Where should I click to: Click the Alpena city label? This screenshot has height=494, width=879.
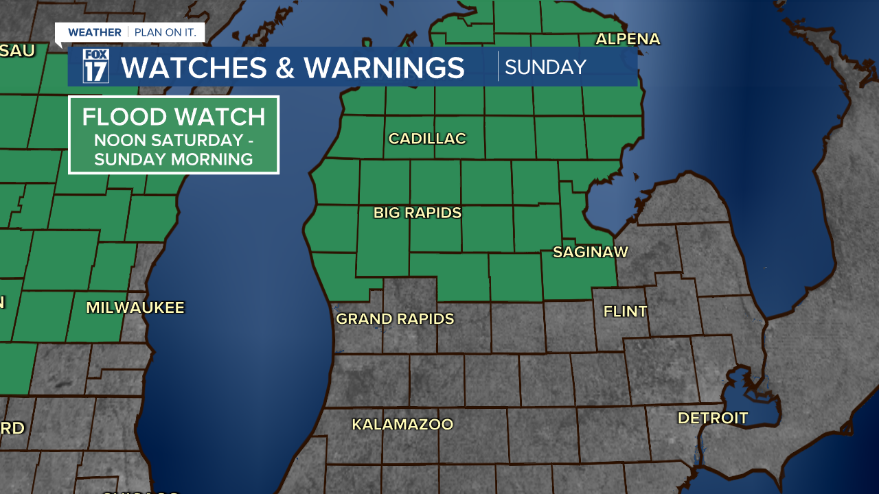pyautogui.click(x=628, y=39)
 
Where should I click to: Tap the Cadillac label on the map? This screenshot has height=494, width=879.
pyautogui.click(x=427, y=139)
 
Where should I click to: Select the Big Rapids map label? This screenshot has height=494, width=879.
pyautogui.click(x=418, y=213)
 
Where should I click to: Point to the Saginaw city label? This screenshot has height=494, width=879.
pyautogui.click(x=591, y=252)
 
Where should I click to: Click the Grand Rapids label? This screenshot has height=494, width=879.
pyautogui.click(x=395, y=319)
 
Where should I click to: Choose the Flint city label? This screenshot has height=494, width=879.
pyautogui.click(x=625, y=311)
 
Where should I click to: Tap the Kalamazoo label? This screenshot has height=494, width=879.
pyautogui.click(x=402, y=425)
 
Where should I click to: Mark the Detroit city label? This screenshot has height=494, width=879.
pyautogui.click(x=712, y=418)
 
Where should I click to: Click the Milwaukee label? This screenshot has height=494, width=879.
pyautogui.click(x=135, y=308)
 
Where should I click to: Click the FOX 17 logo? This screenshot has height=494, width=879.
pyautogui.click(x=96, y=67)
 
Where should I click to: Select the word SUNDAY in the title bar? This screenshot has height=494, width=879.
pyautogui.click(x=545, y=67)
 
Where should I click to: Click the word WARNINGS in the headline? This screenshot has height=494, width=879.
pyautogui.click(x=385, y=68)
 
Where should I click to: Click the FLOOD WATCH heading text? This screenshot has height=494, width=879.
pyautogui.click(x=173, y=117)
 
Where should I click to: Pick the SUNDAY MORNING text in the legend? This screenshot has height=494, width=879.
pyautogui.click(x=173, y=160)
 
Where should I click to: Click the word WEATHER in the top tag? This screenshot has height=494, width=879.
pyautogui.click(x=95, y=32)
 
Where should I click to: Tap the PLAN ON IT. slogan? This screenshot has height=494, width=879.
pyautogui.click(x=166, y=32)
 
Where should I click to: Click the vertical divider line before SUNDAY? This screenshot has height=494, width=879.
pyautogui.click(x=498, y=67)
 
